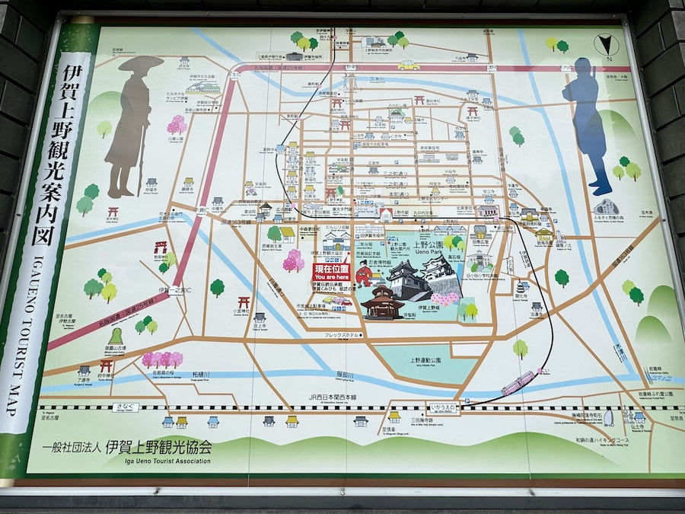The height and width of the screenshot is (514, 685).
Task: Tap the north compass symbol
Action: tap(607, 45)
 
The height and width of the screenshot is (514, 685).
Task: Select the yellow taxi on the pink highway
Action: tap(408, 65)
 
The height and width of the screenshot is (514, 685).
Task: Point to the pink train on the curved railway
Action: tap(518, 383)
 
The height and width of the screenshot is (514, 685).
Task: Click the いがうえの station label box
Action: tap(443, 408)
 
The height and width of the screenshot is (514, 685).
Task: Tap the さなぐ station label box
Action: tap(126, 408)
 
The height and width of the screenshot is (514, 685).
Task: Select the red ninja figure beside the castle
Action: tap(363, 274)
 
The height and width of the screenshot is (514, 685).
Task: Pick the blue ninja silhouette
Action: tap(587, 122)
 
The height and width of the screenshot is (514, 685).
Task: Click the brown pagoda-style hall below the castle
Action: tap(382, 303)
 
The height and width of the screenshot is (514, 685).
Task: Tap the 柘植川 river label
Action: tap(201, 375)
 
